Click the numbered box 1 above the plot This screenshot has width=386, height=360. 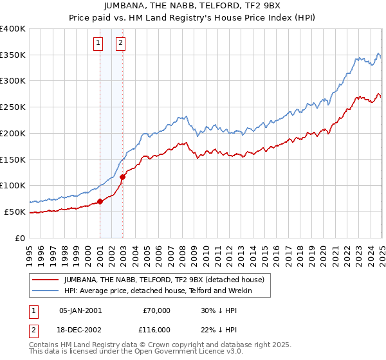click(98, 44)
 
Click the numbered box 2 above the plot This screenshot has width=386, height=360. click(120, 44)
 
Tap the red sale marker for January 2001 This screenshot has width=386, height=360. click(100, 201)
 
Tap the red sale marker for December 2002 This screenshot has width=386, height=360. click(123, 177)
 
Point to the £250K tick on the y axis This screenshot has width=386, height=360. click(14, 107)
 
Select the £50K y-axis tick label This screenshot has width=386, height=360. click(15, 212)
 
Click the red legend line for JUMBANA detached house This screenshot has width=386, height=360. click(45, 280)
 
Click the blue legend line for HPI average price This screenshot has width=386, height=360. click(45, 291)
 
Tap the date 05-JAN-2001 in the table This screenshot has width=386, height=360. click(80, 310)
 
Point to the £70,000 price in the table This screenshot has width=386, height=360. click(156, 310)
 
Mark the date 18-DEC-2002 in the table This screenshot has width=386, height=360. click(80, 329)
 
